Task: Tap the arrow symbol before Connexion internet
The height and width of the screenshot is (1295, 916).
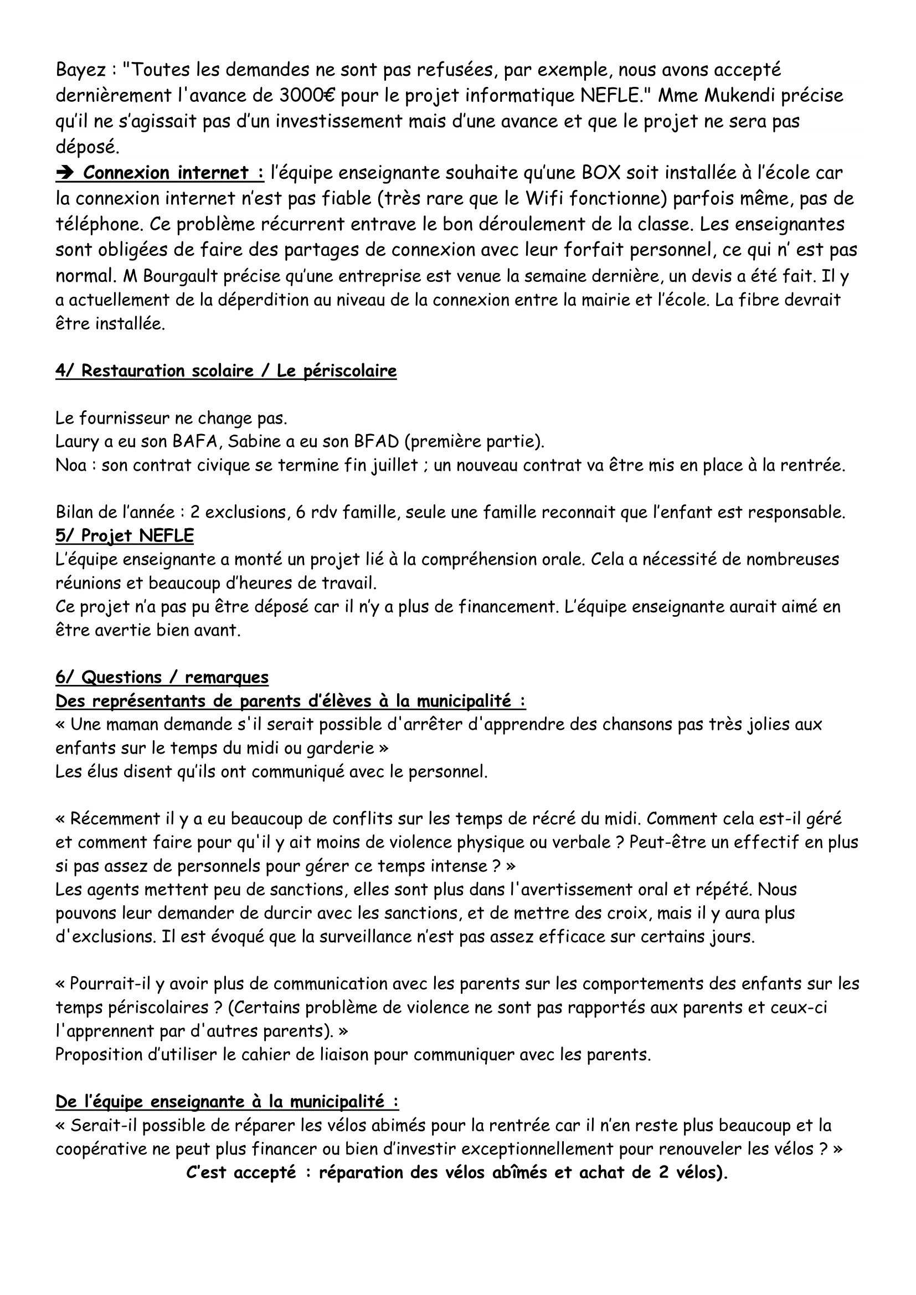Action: pos(66,173)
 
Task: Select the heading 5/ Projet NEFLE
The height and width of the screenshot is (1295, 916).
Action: pos(124,536)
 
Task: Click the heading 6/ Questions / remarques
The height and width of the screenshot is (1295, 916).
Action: pos(162,677)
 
